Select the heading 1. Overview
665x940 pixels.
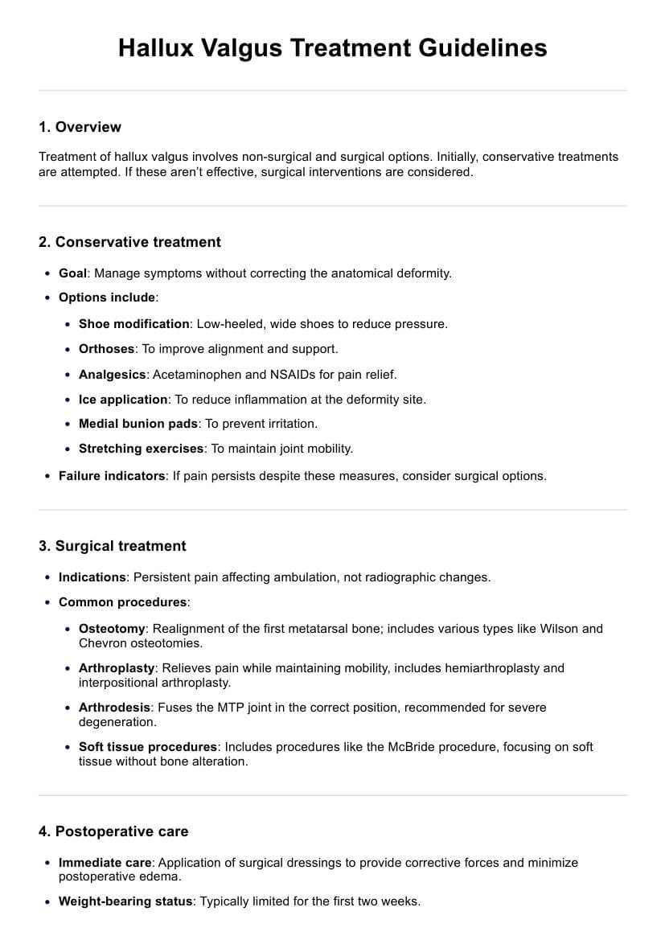80,127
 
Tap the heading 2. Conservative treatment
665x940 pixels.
129,242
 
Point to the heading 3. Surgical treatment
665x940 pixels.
112,546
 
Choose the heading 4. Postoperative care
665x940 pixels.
113,831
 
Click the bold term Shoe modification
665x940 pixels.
133,324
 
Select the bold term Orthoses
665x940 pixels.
108,349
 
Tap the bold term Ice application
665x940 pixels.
123,399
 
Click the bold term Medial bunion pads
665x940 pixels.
138,424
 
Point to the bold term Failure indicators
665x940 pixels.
112,476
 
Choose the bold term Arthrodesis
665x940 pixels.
114,708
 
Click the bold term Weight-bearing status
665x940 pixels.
125,901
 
